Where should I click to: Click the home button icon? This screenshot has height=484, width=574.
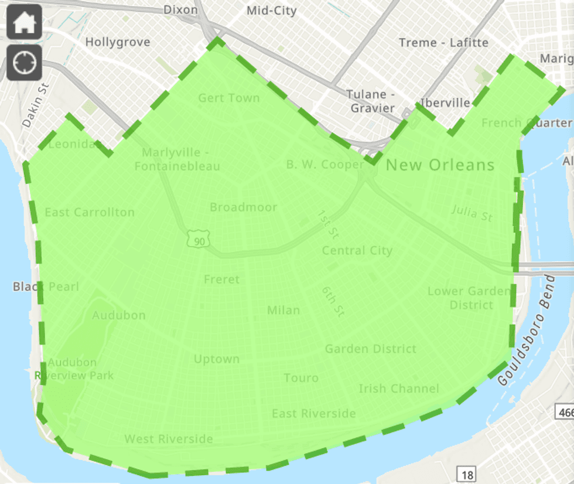coord(24,22)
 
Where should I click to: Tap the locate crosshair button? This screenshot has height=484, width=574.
coord(24,62)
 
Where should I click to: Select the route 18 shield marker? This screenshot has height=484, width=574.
coord(466,474)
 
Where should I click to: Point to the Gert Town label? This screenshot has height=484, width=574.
coord(228,98)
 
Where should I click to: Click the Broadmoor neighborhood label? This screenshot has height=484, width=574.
coord(243,207)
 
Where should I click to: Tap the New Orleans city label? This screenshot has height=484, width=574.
coord(440,165)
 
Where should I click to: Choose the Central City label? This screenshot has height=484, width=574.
coord(357,251)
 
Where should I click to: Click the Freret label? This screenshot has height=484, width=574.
coord(221,280)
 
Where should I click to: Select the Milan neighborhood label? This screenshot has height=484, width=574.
coord(283,310)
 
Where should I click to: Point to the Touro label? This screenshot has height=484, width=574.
coord(301,378)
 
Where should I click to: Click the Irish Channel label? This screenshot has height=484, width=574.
coord(398,388)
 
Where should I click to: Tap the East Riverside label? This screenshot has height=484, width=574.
coord(313,414)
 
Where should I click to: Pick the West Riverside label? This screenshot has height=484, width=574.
coord(168,439)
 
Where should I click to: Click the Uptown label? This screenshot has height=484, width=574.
coord(216,359)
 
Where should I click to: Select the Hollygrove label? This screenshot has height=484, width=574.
coord(117,42)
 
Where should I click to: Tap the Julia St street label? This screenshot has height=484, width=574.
coord(472,213)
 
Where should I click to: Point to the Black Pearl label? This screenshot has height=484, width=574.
coord(46,287)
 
